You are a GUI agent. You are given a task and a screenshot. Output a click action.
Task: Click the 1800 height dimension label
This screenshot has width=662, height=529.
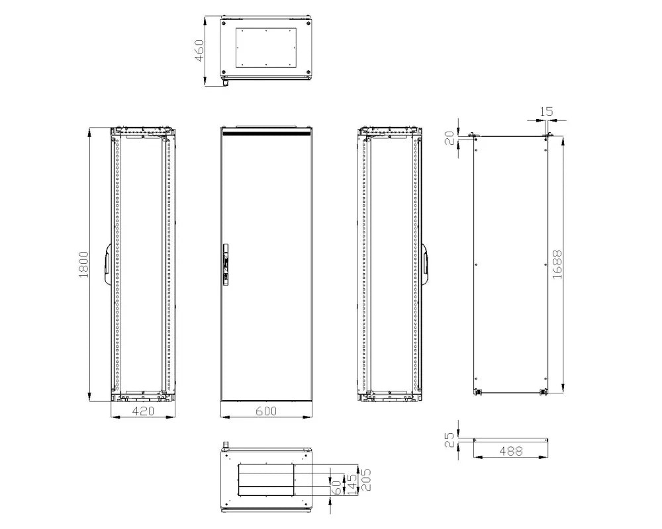tap(83, 264)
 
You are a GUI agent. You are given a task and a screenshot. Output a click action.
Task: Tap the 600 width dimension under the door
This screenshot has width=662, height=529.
tap(265, 411)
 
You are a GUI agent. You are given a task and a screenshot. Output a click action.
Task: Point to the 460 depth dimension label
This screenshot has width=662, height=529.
tap(199, 51)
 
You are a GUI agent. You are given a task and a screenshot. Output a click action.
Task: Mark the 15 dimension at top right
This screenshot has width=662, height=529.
tap(547, 112)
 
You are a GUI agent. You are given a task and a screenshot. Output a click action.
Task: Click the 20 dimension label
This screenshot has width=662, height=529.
tap(449, 139)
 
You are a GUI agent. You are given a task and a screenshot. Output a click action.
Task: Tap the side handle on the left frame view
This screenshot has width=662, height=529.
tap(107, 264)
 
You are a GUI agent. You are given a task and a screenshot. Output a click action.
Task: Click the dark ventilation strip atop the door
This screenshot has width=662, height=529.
tap(266, 133)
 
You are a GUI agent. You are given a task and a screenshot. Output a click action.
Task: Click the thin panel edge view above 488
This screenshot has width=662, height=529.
tap(510, 438)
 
